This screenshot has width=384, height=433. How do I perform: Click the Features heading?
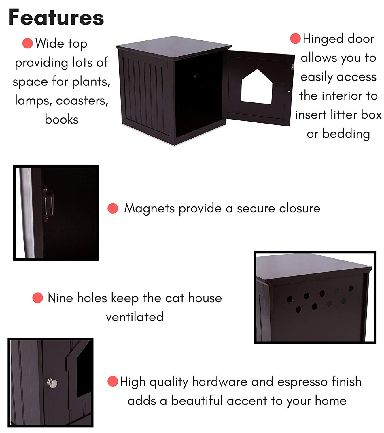click(x=56, y=17)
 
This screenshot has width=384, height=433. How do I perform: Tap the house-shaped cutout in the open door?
click(x=256, y=88)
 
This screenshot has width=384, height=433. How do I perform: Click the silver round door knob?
click(x=52, y=383)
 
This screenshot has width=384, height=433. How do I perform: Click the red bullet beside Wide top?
click(x=27, y=43)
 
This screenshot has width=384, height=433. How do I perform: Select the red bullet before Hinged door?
click(x=295, y=38)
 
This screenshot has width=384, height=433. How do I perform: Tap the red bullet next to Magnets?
click(x=113, y=208)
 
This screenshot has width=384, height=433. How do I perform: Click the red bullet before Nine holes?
click(x=37, y=298)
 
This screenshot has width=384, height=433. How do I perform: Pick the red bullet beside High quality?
click(x=113, y=381)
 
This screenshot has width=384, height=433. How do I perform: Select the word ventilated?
click(x=135, y=317)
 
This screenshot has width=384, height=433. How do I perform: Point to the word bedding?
click(x=346, y=134)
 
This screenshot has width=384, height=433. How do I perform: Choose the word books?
click(x=62, y=120)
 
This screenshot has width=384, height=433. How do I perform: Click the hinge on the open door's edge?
click(x=292, y=67)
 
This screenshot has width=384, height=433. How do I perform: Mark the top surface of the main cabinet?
click(x=174, y=46)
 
